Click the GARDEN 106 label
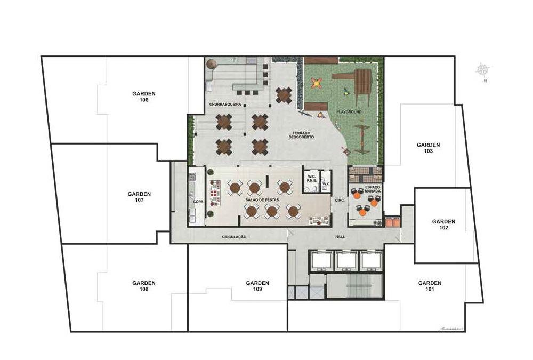[143, 97]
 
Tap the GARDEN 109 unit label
[257, 286]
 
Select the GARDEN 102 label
[443, 224]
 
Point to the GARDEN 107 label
[139, 197]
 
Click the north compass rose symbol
[483, 69]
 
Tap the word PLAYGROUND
[349, 112]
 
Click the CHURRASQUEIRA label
[222, 105]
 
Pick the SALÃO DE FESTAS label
[261, 199]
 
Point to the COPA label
[196, 203]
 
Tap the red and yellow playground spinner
[317, 82]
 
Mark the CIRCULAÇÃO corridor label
[234, 236]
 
